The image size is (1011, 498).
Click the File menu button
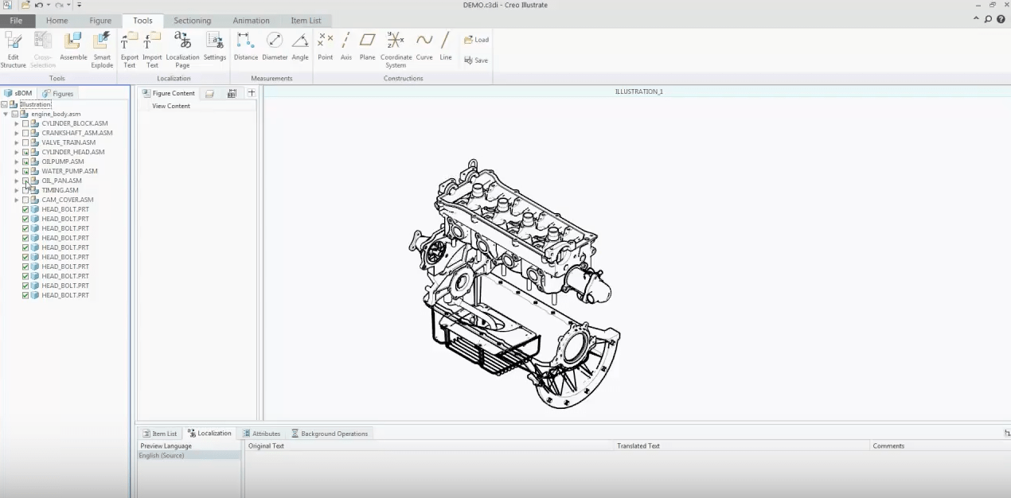16,21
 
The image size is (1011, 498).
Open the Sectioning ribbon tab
192,21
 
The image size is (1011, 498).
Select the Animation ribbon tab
251,21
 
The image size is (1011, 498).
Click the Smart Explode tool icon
102,41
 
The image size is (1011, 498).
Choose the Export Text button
129,41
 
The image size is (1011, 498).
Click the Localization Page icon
182,41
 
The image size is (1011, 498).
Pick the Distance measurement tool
245,41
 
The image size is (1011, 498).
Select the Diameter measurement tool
275,41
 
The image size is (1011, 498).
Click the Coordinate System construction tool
396,41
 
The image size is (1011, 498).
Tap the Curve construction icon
424,41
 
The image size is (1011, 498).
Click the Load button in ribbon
476,40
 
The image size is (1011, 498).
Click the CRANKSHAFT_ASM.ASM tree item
76,133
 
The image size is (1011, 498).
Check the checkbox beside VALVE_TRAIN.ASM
25,142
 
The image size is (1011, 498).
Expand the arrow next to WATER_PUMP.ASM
17,171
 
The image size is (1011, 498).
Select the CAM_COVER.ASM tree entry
67,200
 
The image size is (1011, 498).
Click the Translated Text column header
638,446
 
